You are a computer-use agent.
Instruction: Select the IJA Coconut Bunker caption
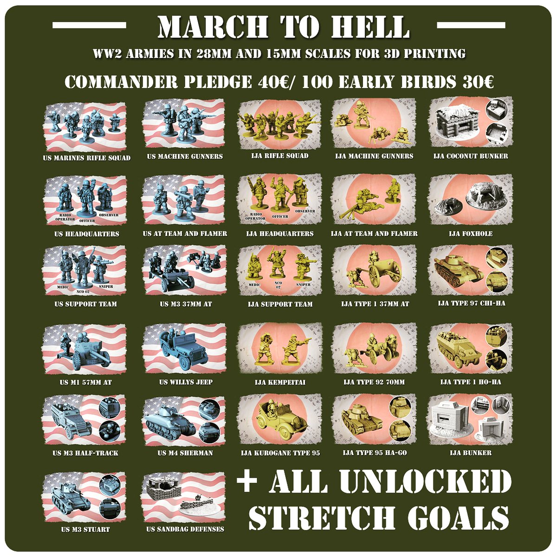click(471, 156)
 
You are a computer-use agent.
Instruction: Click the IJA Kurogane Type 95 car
click(278, 421)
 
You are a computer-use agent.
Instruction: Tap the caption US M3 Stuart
click(85, 530)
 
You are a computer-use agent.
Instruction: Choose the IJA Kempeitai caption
click(280, 382)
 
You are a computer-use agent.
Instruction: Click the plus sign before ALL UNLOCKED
click(247, 483)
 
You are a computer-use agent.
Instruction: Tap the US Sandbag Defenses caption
click(185, 529)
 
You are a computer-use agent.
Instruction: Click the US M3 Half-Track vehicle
click(71, 422)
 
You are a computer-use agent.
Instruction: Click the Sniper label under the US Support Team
click(106, 286)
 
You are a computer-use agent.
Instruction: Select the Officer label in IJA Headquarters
click(280, 216)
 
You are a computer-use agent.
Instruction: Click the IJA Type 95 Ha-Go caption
click(375, 453)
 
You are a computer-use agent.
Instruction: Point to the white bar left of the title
click(89, 25)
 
